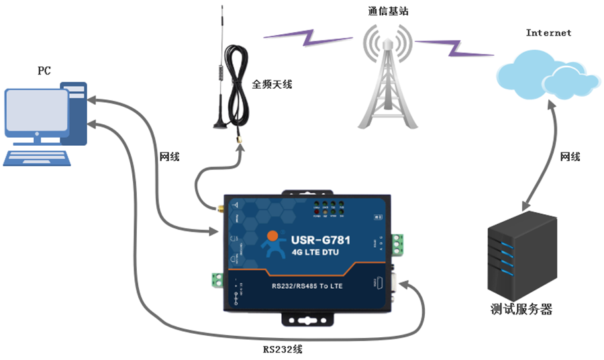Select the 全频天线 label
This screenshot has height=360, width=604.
tap(272, 85)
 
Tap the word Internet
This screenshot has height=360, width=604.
tap(548, 32)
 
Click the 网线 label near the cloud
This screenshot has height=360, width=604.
tap(570, 156)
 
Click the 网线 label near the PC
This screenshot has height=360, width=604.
tap(169, 157)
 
